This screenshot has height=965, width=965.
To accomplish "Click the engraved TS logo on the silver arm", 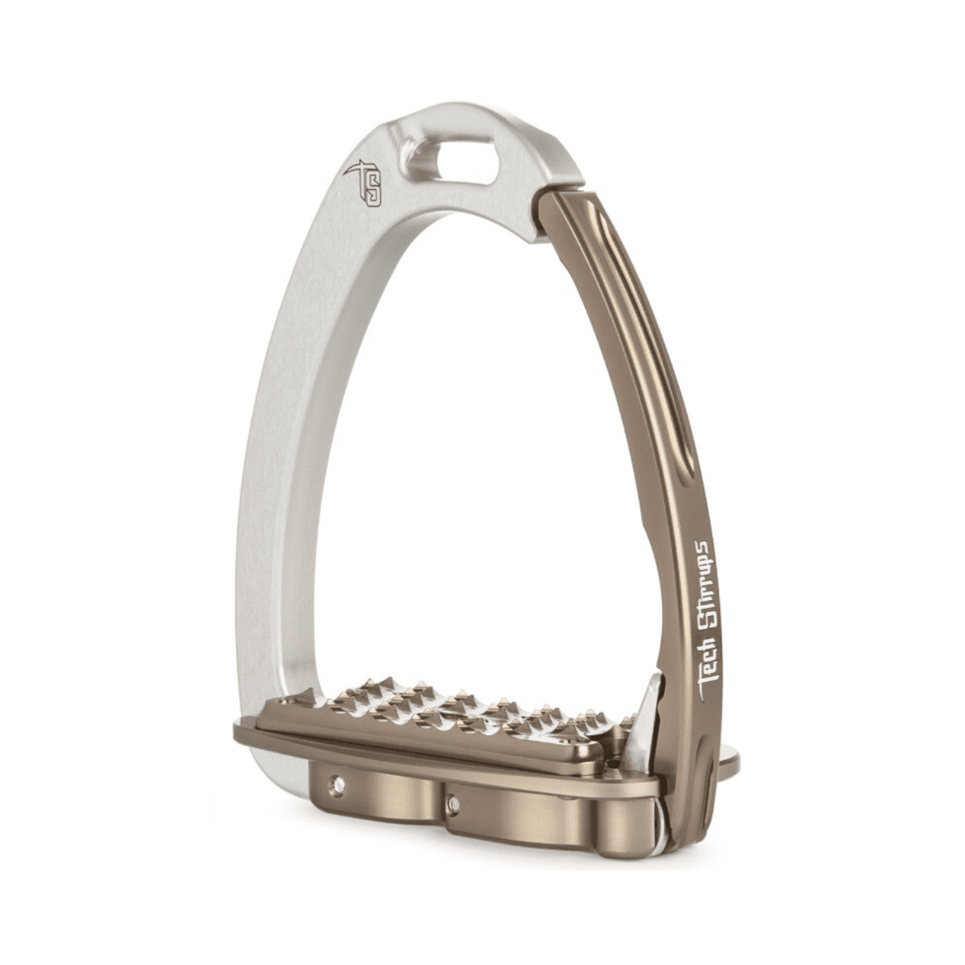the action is click(364, 183).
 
